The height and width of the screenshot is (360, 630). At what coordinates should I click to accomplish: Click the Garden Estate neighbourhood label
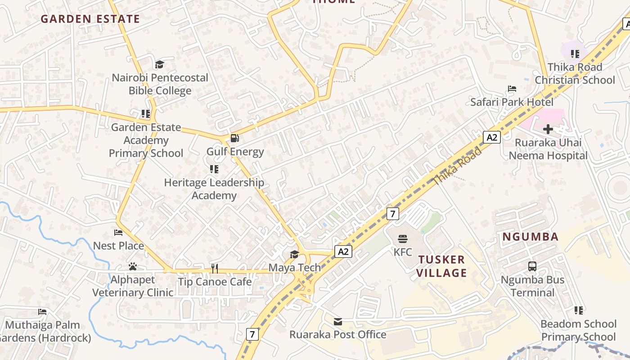click(90, 19)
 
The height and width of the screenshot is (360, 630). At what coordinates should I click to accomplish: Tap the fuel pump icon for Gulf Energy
click(235, 138)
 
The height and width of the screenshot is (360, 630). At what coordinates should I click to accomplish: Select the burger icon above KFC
click(402, 239)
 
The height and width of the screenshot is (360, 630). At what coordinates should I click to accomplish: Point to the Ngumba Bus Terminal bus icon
click(532, 266)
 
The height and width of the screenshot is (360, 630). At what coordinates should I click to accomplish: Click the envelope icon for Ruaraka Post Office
click(338, 321)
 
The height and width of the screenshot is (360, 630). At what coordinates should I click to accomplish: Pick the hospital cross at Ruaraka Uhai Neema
click(548, 130)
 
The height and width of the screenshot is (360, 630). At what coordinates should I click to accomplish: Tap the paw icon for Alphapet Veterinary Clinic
click(132, 266)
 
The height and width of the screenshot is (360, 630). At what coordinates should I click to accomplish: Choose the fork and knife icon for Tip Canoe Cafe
click(215, 269)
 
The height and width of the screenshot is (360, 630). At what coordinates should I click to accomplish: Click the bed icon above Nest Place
click(118, 233)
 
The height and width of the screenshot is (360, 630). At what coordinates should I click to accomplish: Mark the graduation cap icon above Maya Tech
click(294, 254)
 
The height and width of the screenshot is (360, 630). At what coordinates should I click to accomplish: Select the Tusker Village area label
click(441, 266)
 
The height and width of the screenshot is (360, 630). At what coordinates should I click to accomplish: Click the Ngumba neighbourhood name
click(530, 237)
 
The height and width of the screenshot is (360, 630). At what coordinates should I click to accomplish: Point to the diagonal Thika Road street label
click(457, 166)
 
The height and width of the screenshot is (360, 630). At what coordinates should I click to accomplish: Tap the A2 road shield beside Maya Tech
click(343, 252)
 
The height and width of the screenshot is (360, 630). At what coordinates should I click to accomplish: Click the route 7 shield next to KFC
click(393, 214)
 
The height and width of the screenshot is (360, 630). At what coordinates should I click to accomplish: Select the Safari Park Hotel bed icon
click(512, 89)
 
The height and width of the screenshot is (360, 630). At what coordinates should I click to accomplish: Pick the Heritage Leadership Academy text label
click(214, 189)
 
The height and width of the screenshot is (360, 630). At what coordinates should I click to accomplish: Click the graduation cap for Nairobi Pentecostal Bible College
click(159, 65)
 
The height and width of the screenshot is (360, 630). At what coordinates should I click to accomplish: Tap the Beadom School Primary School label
click(578, 330)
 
